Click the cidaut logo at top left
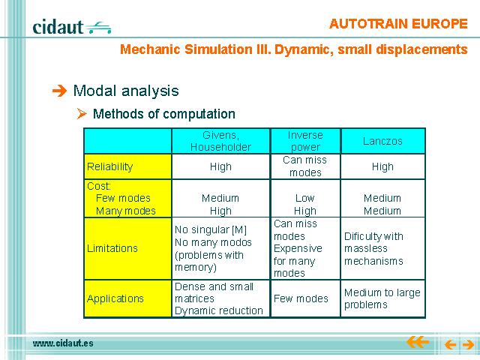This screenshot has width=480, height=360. pyautogui.click(x=72, y=27)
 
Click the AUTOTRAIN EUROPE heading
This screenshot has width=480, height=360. pyautogui.click(x=398, y=24)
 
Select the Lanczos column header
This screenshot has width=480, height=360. pyautogui.click(x=382, y=141)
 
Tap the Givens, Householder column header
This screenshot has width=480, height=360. pyautogui.click(x=220, y=141)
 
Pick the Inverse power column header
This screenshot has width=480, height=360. pyautogui.click(x=305, y=141)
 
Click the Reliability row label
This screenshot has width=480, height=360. pyautogui.click(x=110, y=166)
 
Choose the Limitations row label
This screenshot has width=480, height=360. pyautogui.click(x=112, y=248)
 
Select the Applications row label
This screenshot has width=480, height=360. pyautogui.click(x=115, y=298)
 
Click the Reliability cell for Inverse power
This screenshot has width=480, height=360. pyautogui.click(x=305, y=166)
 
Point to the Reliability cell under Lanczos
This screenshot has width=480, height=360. pyautogui.click(x=382, y=166)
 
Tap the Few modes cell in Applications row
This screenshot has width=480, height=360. pyautogui.click(x=301, y=298)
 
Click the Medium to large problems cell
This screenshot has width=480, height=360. pyautogui.click(x=382, y=298)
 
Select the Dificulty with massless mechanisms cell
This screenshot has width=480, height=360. pyautogui.click(x=373, y=248)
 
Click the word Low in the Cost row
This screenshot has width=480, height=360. pyautogui.click(x=305, y=198)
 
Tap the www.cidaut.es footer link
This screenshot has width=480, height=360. pyautogui.click(x=63, y=343)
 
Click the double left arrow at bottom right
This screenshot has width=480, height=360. pyautogui.click(x=418, y=342)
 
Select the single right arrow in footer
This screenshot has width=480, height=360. pyautogui.click(x=468, y=345)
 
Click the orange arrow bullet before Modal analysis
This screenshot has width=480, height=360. pyautogui.click(x=59, y=91)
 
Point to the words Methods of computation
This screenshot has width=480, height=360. pyautogui.click(x=164, y=114)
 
